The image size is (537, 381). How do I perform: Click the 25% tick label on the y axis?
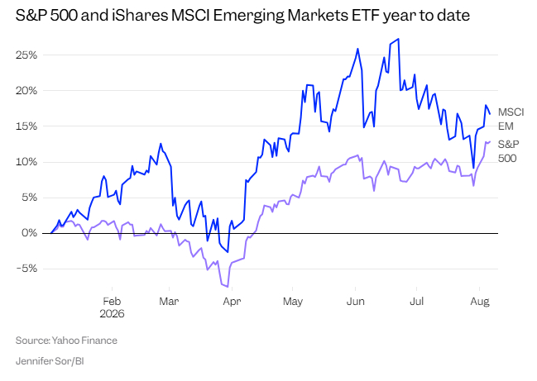(26, 55)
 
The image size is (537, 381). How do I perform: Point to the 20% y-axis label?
(26, 91)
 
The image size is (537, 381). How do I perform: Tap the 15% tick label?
(26, 126)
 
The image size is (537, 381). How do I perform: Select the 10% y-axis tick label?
(26, 162)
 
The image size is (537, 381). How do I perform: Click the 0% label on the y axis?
(29, 233)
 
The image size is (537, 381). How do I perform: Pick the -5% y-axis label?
(26, 269)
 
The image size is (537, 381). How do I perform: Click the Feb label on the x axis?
(112, 302)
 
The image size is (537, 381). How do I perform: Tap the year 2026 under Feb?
(112, 313)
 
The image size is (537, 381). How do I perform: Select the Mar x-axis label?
(169, 302)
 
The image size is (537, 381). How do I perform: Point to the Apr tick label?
(232, 302)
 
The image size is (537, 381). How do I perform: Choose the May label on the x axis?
(293, 302)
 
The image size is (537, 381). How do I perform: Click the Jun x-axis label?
(356, 302)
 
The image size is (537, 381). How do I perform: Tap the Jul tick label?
(417, 302)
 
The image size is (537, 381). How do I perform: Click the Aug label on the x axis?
(480, 302)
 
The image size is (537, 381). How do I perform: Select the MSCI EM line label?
(511, 119)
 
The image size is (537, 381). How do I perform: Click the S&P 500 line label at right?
(508, 151)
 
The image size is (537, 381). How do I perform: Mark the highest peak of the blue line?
(398, 39)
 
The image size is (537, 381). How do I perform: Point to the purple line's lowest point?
(228, 286)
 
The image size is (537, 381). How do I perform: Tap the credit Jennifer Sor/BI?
(50, 361)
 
